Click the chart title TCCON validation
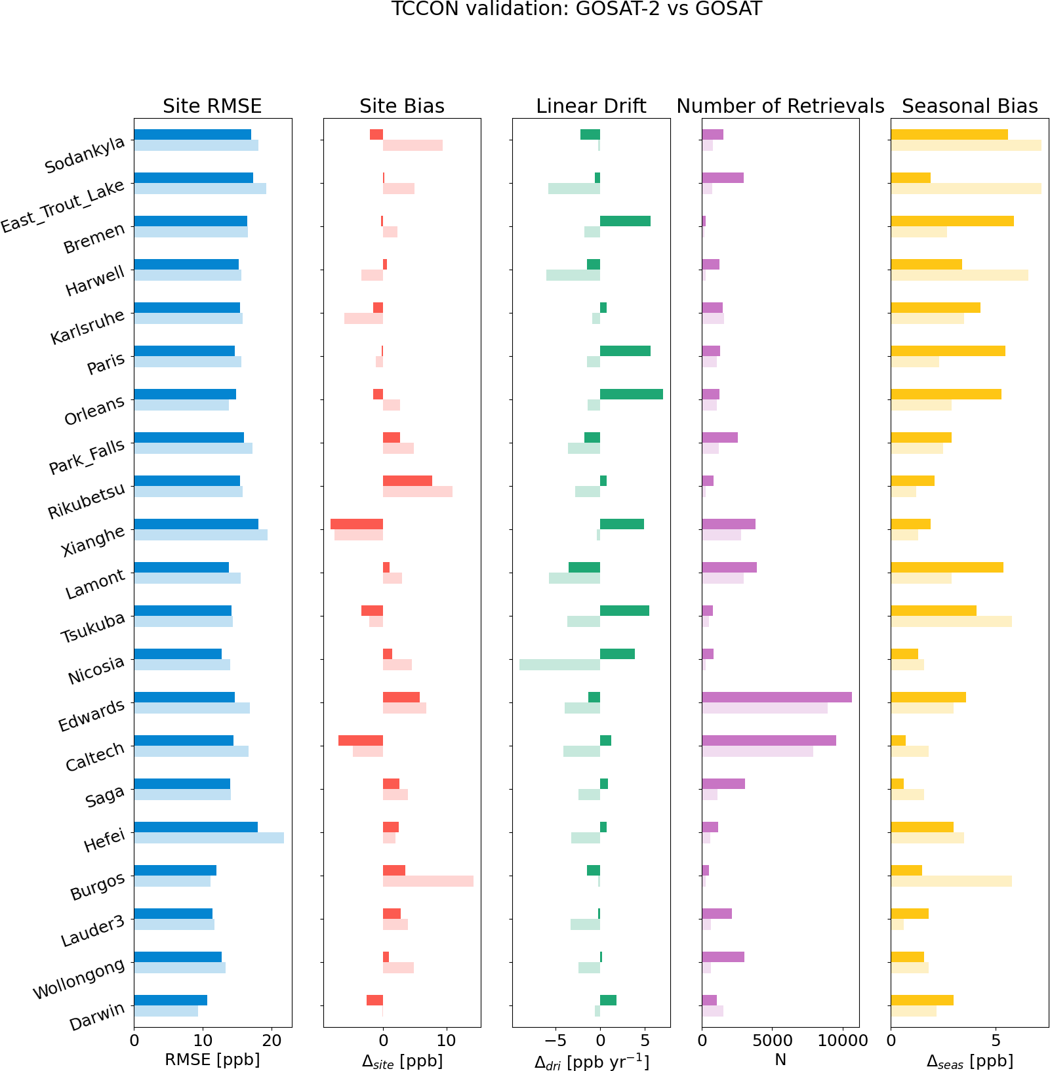tap(576, 10)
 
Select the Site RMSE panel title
tap(212, 106)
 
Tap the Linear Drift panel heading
tap(591, 106)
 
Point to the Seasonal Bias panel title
tap(969, 106)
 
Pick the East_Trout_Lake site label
tap(62, 205)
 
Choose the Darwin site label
tap(96, 1017)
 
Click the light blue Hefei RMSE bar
tap(209, 838)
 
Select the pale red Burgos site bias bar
tap(428, 881)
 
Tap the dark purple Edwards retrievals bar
tap(777, 697)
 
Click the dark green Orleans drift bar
tap(631, 394)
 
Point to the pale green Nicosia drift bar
tap(559, 665)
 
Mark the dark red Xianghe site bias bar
tap(357, 524)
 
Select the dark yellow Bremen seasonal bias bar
tap(952, 221)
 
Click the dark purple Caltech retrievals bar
tap(769, 740)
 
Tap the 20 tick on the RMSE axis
tap(272, 1041)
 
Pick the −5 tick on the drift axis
tap(555, 1041)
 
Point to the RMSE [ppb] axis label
tap(212, 1061)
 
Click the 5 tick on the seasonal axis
tap(996, 1041)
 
